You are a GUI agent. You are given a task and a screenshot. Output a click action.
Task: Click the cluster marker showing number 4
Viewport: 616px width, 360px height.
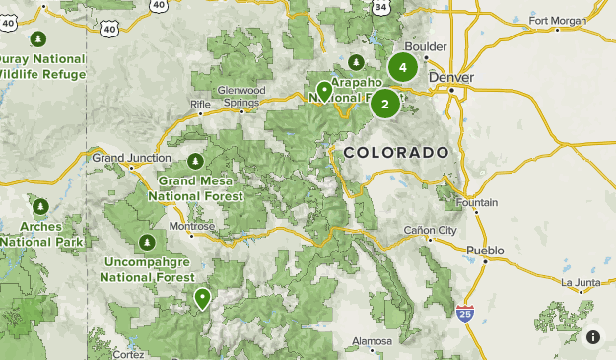(402, 67)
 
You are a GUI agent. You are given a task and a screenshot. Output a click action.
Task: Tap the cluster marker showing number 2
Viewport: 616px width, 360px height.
(384, 104)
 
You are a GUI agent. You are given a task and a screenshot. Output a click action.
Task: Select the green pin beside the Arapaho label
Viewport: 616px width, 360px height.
(324, 92)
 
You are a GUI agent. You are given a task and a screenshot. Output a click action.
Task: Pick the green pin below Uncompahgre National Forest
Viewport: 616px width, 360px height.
(202, 297)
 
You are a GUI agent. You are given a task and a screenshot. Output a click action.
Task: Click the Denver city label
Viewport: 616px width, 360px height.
(452, 77)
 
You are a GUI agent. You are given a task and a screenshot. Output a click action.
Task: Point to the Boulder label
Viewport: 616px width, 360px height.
(427, 46)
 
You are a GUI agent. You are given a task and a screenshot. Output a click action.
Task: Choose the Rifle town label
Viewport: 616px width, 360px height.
(201, 102)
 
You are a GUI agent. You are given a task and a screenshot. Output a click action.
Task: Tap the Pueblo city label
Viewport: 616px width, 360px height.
(485, 251)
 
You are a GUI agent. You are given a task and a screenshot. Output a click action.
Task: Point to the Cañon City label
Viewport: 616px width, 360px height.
(431, 230)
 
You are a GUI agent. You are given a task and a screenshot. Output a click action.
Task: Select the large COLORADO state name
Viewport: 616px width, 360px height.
(396, 153)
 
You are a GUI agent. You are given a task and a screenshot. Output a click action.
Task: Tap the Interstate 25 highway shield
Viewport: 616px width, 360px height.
(465, 313)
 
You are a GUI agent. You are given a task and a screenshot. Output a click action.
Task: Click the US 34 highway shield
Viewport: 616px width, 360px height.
(378, 6)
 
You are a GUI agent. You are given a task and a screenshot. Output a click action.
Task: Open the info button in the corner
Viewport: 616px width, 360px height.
(593, 337)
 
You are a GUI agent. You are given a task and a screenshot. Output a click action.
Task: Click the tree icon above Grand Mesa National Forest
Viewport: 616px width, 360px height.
(195, 160)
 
